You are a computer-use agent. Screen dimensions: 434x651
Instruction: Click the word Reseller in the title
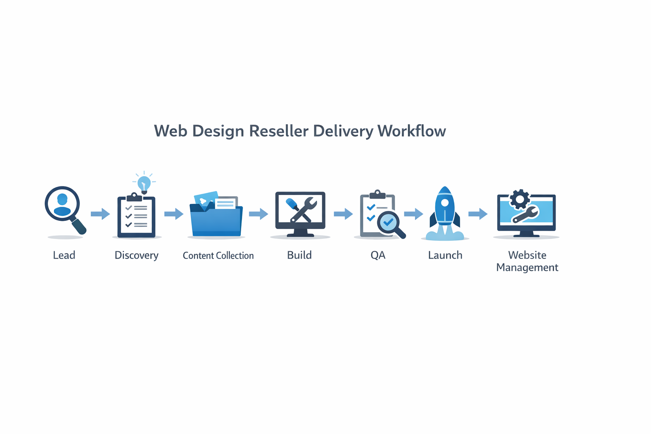coord(278,131)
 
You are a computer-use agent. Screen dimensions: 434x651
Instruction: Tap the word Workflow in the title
coord(412,131)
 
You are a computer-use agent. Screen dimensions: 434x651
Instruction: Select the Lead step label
coord(64,255)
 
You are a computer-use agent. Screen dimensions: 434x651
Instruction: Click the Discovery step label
coord(136,255)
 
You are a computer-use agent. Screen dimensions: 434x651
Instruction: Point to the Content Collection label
coord(218,256)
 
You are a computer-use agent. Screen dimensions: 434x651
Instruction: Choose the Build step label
coord(299,255)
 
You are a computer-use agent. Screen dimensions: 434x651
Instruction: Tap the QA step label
coord(378,255)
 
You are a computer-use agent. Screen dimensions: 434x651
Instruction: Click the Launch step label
coord(445,255)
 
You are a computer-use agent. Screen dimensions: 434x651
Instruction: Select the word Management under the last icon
coord(527,267)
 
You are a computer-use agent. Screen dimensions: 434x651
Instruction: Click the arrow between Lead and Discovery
coord(100,214)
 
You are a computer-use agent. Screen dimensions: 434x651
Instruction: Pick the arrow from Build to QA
coord(343,214)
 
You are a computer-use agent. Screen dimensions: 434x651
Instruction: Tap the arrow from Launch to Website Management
coord(478,214)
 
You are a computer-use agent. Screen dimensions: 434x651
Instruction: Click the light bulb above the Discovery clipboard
coord(144,183)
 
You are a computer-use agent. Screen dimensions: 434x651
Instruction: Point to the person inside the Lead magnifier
coord(62,204)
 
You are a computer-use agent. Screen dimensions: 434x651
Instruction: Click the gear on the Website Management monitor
coord(520,199)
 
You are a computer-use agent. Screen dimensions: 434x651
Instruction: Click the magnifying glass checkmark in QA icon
coord(389,222)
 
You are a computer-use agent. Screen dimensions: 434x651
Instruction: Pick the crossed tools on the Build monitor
coord(300,210)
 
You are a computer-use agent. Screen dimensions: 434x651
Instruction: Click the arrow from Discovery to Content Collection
coord(174,214)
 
